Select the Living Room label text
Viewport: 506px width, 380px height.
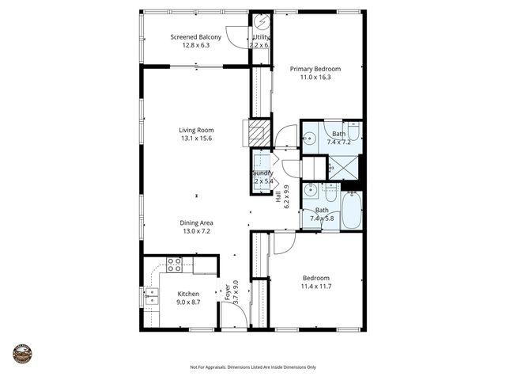click(195, 130)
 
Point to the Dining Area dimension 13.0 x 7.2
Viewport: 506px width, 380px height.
click(195, 232)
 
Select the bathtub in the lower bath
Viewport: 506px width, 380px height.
click(352, 209)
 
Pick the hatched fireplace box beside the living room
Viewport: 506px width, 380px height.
click(259, 131)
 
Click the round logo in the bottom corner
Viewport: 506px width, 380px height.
click(22, 353)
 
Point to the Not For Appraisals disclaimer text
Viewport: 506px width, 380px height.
click(252, 367)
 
